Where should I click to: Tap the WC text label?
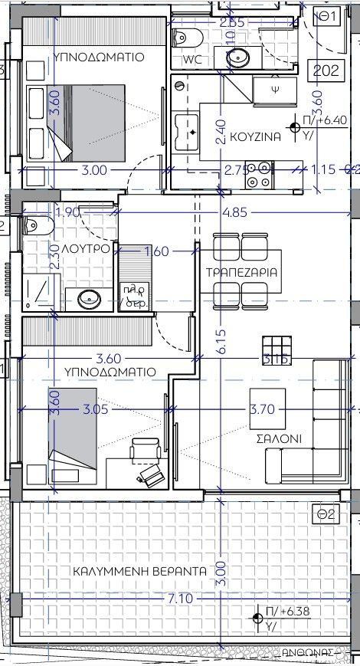click(x=193, y=59)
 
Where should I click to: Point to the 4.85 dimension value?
click(x=239, y=212)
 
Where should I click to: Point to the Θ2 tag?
click(x=327, y=515)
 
